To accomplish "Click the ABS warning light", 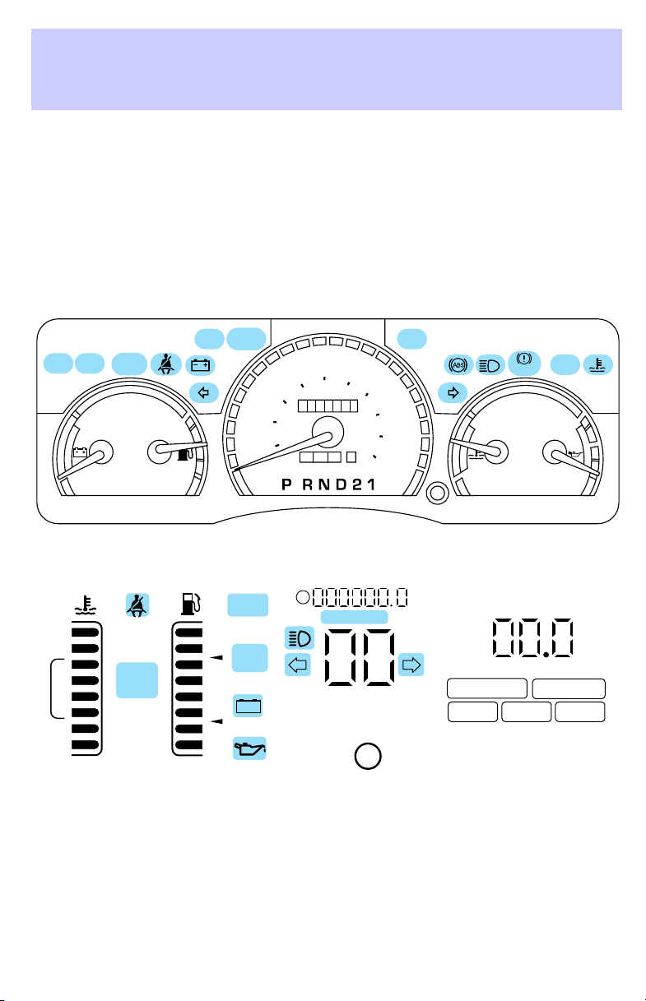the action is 458,365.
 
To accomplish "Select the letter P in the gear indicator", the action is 286,484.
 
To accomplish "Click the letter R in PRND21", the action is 308,484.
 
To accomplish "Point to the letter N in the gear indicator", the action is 324,484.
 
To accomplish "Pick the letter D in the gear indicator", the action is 342,484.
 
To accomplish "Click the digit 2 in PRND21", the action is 357,484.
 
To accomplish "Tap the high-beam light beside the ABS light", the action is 490,365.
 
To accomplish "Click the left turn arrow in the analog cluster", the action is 204,393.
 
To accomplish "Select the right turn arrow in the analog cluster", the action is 453,393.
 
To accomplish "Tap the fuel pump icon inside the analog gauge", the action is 185,456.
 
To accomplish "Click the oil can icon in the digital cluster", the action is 249,748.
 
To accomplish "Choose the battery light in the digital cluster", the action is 249,706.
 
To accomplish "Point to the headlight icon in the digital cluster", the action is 299,637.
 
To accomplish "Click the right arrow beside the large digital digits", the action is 411,665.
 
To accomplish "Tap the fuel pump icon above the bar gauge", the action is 191,605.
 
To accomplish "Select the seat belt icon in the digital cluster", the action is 137,605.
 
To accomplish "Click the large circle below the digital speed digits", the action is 368,756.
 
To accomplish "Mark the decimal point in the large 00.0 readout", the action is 546,655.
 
